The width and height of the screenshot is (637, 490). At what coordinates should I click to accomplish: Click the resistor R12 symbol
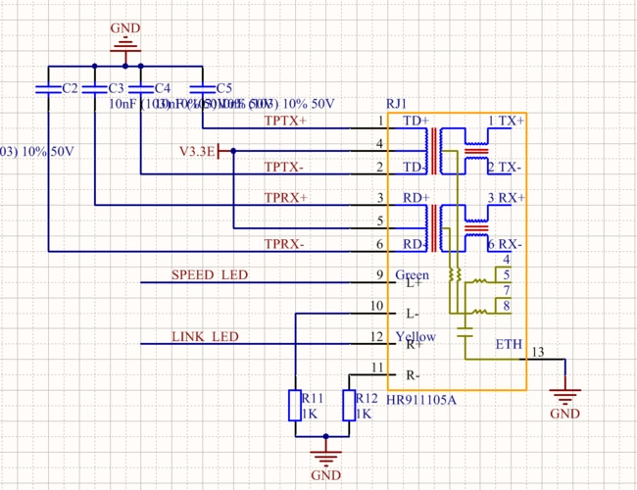coord(349,406)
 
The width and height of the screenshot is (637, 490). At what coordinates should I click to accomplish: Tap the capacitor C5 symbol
coord(202,88)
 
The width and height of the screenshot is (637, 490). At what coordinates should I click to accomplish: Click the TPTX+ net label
coord(285,121)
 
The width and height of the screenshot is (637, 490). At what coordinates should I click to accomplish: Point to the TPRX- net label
coord(285,243)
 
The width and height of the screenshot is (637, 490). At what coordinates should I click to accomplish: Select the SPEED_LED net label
coord(210,274)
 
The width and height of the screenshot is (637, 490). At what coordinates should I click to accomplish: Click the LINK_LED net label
coord(205,337)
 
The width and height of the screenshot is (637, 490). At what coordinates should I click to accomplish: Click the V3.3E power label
coord(196,151)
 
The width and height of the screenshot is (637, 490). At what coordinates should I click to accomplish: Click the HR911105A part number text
coord(421,400)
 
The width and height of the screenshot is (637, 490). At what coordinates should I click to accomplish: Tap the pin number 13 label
coord(537,352)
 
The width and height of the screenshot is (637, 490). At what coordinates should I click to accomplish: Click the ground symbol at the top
coord(124,42)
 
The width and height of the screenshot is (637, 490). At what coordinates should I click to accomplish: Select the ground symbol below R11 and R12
coord(324,455)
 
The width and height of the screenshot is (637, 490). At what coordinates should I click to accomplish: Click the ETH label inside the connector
coord(509,345)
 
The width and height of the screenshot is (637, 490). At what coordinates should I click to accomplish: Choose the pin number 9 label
coord(379,274)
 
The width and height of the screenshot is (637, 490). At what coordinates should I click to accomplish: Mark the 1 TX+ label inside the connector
coord(506,121)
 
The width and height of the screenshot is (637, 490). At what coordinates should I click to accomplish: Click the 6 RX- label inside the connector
coord(506,243)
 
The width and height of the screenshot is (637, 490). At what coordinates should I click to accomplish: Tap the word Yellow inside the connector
coord(416,337)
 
